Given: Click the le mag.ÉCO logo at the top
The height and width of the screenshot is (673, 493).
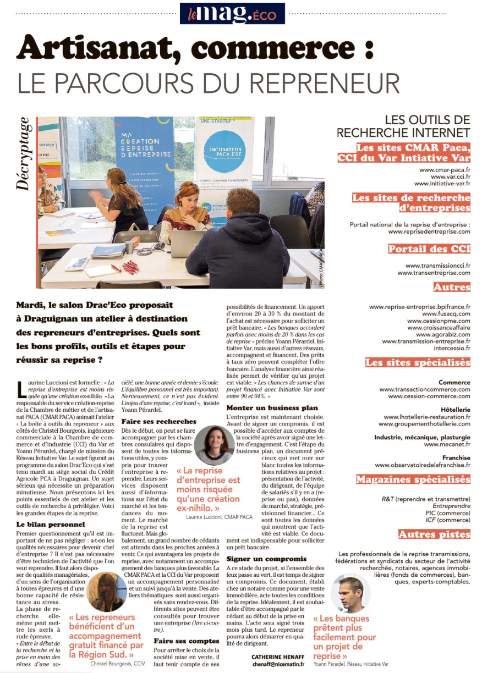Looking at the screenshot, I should pos(232,13).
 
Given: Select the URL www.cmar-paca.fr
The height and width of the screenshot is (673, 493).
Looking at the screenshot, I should pos(445,169).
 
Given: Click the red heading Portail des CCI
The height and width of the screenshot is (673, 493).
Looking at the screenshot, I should pos(429,249).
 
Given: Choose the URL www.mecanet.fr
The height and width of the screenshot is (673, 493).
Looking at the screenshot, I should pos(447,444).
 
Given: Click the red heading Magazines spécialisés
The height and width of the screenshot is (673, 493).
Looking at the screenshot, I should pos(413,479).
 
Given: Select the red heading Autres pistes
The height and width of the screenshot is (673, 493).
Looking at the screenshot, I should pos(434,534).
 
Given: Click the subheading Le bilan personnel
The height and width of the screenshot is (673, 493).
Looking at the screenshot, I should pos(51,524).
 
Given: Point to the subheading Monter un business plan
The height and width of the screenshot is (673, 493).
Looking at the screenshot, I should pos(272,407).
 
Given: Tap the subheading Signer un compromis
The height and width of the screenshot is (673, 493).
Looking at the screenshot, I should pos(267,559).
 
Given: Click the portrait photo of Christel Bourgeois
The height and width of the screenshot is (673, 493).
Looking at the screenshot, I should pos(109,592).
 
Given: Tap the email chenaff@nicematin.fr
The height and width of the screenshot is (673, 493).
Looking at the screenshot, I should pos(278,664).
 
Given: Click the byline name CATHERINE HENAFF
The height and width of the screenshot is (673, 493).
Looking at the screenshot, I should pos(278,656).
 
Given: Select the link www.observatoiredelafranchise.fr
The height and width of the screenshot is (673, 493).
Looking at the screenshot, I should pos(423,465).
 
